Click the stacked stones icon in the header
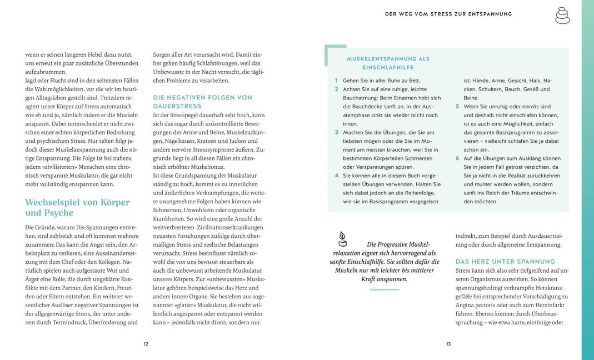click(562, 15)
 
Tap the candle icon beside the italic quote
click(342, 239)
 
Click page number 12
click(146, 344)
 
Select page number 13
click(448, 344)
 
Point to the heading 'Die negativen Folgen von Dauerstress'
click(202, 101)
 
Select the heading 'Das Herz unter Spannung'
click(505, 261)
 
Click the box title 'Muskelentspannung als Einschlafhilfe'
click(388, 63)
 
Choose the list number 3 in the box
click(337, 132)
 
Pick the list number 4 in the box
click(337, 176)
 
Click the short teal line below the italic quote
click(385, 289)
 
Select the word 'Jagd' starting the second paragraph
click(32, 81)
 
